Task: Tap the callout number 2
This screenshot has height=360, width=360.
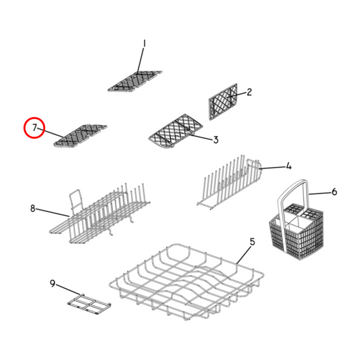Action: [x=249, y=93]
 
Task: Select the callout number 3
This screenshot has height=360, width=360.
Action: [x=215, y=140]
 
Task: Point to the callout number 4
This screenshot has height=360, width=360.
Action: [x=288, y=165]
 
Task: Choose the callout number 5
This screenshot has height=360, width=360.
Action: [x=252, y=242]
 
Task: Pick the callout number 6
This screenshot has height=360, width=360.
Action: [x=334, y=192]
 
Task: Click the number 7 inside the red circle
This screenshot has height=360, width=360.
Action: [x=34, y=127]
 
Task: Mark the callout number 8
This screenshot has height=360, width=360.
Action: [x=32, y=209]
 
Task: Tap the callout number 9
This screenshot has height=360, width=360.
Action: [x=53, y=284]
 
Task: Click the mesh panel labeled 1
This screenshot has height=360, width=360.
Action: [x=136, y=81]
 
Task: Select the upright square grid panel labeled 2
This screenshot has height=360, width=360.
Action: [x=224, y=103]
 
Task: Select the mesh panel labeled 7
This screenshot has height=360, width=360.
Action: [x=82, y=135]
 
